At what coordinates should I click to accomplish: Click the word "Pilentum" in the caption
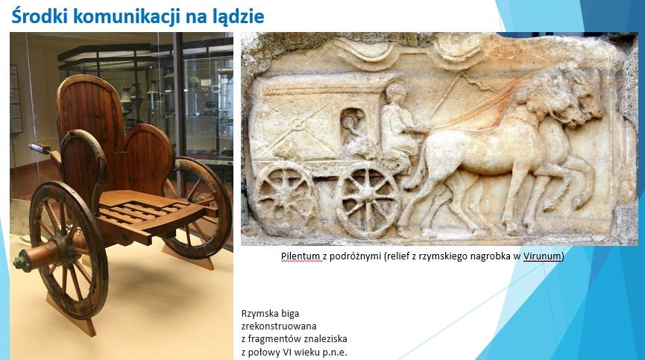[300, 256]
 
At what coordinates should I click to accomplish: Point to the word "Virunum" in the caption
[542, 256]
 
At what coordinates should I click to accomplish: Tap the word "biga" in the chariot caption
[290, 314]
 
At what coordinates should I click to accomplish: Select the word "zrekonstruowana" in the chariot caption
[279, 326]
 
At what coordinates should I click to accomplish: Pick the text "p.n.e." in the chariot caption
[334, 353]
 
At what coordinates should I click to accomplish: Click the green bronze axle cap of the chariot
[22, 262]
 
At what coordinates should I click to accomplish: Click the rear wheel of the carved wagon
[284, 192]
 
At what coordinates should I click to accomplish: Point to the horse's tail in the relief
[415, 173]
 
